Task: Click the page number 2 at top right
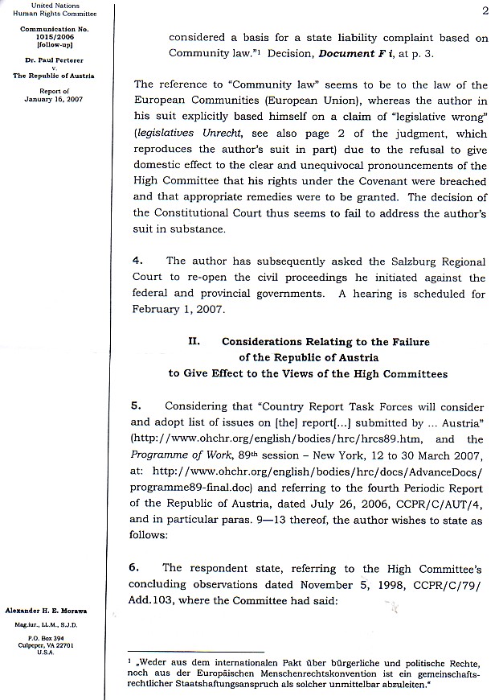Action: (x=486, y=10)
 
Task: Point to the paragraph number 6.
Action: (x=137, y=567)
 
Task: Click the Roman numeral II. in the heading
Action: (x=194, y=340)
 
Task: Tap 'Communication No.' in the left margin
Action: (x=55, y=30)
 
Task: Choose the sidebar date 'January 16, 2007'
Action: (x=55, y=99)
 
